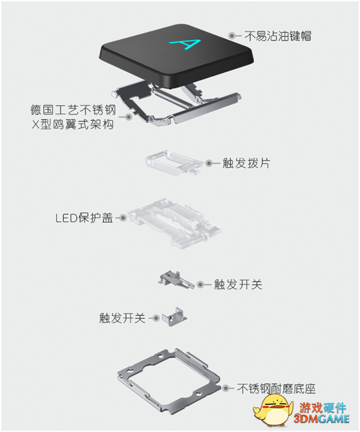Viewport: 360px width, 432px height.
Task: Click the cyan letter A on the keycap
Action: click(185, 45)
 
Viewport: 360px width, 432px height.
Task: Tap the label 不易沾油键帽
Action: click(278, 36)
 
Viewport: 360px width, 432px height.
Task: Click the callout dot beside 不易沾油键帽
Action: click(232, 36)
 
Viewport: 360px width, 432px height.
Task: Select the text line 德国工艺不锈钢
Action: click(73, 110)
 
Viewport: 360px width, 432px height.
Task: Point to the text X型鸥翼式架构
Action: click(73, 125)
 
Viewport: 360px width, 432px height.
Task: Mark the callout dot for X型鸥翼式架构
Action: click(129, 116)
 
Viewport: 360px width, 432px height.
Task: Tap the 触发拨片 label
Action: click(246, 163)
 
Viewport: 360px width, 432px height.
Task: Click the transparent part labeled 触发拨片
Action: click(173, 162)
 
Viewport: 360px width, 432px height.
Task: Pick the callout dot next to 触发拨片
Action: click(209, 164)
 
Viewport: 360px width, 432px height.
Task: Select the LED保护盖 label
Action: click(84, 218)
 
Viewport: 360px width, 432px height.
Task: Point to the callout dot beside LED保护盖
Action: click(123, 218)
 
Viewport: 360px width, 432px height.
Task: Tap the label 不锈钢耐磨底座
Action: click(276, 389)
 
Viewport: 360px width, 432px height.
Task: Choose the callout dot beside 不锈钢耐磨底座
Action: click(226, 388)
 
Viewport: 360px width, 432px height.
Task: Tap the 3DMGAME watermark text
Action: click(321, 419)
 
